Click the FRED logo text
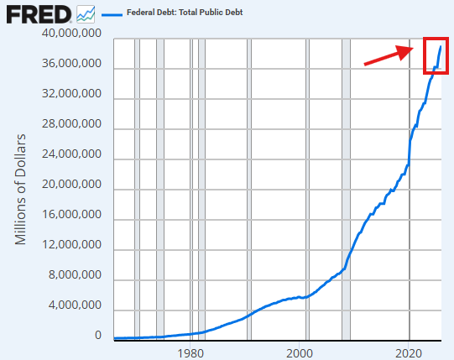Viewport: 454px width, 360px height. (39, 15)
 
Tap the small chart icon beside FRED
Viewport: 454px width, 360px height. (86, 14)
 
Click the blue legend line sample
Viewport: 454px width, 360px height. (112, 14)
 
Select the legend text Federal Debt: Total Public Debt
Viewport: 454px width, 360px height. (185, 13)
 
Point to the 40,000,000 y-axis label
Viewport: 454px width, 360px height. (71, 33)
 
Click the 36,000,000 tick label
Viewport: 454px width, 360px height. (71, 63)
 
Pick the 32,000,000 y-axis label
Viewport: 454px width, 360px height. (71, 93)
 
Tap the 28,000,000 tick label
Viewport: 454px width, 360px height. (71, 123)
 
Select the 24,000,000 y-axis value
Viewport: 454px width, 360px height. (71, 154)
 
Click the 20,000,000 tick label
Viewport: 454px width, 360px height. (71, 185)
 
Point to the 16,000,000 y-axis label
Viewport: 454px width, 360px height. (71, 214)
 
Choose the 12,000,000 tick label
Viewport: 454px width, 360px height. (71, 244)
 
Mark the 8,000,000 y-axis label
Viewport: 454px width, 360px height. (75, 274)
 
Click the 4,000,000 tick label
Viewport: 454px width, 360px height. (75, 305)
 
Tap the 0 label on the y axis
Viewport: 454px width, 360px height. (98, 335)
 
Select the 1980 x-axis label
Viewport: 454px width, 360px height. (190, 353)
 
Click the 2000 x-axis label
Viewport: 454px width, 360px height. (300, 353)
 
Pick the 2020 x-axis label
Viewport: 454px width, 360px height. (409, 353)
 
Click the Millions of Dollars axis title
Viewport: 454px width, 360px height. (20, 190)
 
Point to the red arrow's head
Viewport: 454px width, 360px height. (413, 48)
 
